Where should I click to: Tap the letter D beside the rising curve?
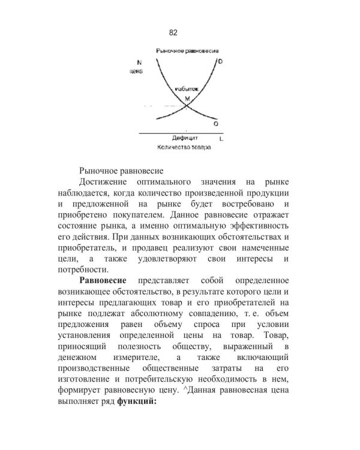click(221, 62)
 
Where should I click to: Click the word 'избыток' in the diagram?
click(186, 88)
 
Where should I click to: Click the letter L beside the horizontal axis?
click(221, 139)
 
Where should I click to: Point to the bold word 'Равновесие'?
click(106, 280)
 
